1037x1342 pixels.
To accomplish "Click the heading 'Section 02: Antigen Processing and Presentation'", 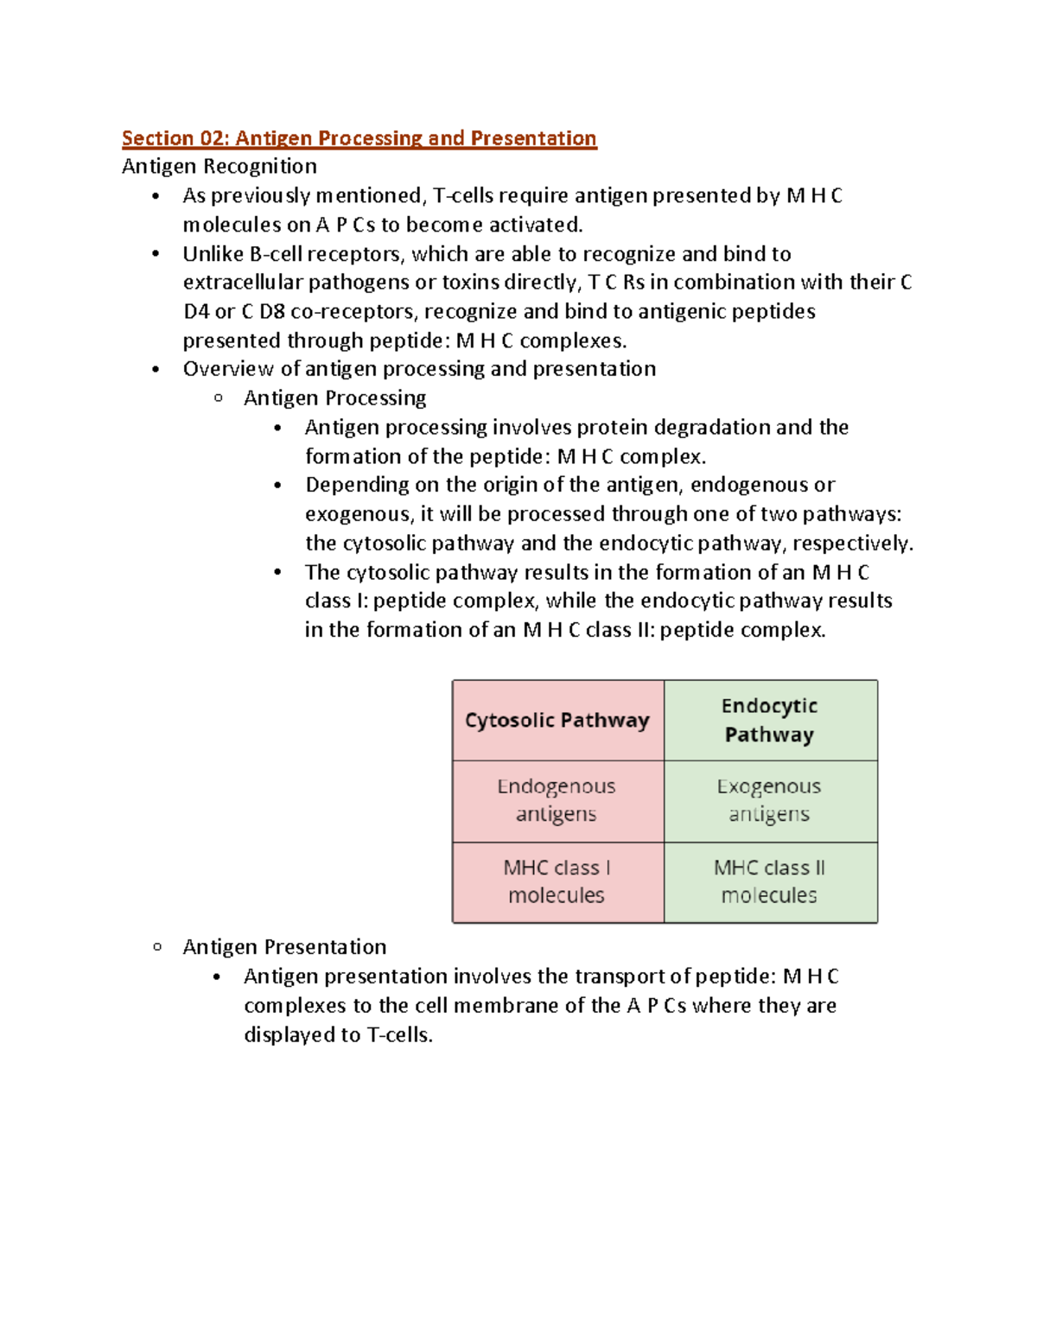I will [x=359, y=138].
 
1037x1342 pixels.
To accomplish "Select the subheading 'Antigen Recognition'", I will [x=219, y=167].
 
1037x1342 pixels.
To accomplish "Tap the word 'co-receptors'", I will [x=354, y=312].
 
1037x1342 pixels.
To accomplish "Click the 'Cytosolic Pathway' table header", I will [x=557, y=721].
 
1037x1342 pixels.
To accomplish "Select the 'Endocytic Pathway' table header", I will [x=769, y=721].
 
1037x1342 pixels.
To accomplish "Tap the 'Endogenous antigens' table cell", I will [x=557, y=800].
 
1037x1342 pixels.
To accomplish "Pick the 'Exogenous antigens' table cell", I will [x=769, y=800].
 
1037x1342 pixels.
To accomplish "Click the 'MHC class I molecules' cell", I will [x=557, y=881].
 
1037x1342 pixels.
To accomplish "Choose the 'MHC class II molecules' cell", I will [x=769, y=881].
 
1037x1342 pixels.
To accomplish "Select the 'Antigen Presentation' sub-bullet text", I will [x=284, y=947].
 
